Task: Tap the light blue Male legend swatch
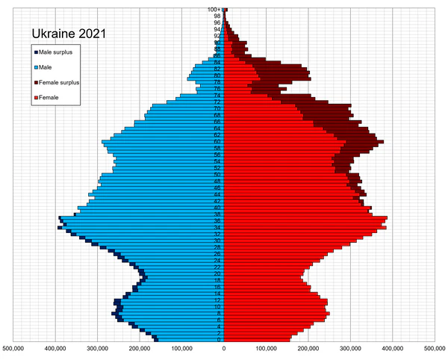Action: [x=34, y=67]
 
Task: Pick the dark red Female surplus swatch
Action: [x=34, y=82]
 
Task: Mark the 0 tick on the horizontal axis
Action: [x=224, y=347]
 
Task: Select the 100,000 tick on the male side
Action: [x=182, y=347]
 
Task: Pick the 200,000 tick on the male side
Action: [x=140, y=347]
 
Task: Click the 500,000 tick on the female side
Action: [x=435, y=347]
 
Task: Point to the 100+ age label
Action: [x=213, y=9]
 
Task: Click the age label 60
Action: [x=217, y=141]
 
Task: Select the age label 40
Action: [x=217, y=208]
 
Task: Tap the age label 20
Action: [x=217, y=274]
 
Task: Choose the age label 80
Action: [x=217, y=75]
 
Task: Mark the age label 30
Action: [x=217, y=240]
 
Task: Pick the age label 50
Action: [x=217, y=175]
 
